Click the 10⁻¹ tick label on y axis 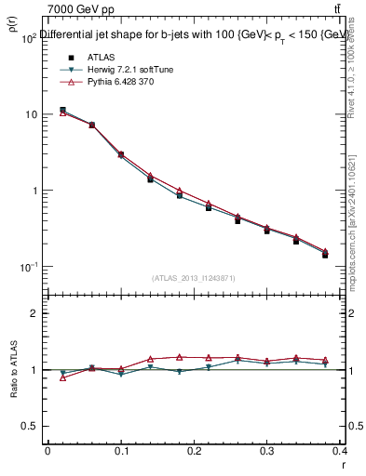pyautogui.click(x=27, y=268)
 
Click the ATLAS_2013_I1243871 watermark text pyautogui.click(x=193, y=278)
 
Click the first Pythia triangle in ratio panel pyautogui.click(x=62, y=377)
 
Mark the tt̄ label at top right pyautogui.click(x=348, y=8)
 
